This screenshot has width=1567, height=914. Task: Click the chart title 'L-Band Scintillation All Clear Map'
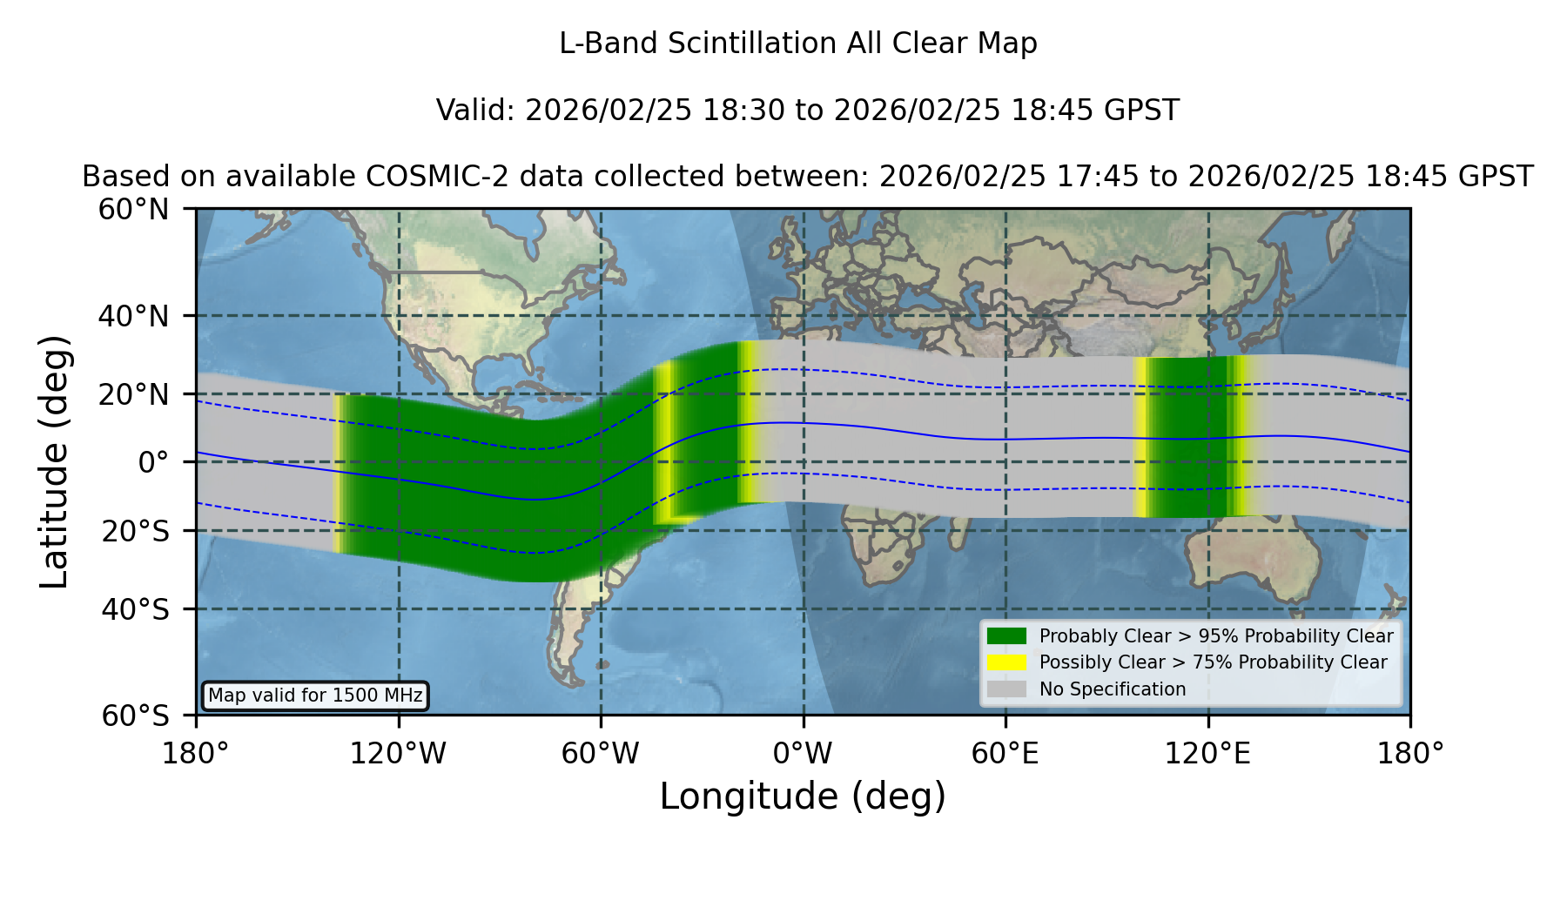[x=798, y=44]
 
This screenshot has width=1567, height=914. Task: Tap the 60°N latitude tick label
[x=134, y=210]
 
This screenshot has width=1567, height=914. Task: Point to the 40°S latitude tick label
[x=136, y=609]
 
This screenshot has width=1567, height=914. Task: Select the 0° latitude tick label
[x=154, y=462]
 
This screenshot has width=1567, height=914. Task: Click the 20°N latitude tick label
[x=134, y=394]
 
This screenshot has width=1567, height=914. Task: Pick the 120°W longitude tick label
[x=398, y=753]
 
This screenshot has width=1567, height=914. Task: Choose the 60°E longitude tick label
[x=1005, y=753]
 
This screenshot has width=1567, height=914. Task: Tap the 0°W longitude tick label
[x=804, y=753]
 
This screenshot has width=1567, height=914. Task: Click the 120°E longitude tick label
[x=1207, y=753]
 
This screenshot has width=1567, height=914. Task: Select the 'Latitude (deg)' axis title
[x=55, y=461]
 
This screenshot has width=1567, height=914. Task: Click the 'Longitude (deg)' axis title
[x=803, y=796]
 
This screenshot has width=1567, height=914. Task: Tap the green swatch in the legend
[x=1007, y=636]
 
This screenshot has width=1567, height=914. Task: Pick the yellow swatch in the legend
[x=1007, y=662]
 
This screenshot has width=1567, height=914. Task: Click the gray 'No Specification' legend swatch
[x=1007, y=689]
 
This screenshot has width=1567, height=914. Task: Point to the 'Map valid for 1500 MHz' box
[x=315, y=696]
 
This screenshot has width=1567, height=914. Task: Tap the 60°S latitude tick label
[x=136, y=716]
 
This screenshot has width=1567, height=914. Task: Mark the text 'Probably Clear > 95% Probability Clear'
[x=1216, y=636]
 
